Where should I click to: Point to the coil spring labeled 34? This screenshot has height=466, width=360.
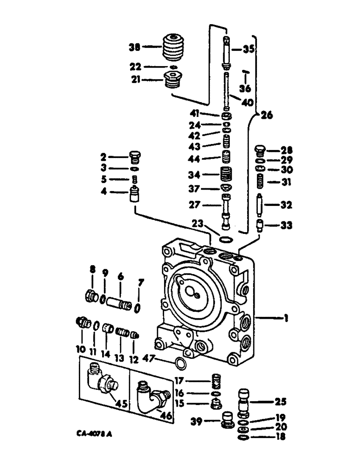pos(226,175)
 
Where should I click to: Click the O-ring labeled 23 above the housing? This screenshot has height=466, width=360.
pos(225,240)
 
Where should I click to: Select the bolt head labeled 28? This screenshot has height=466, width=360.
pos(260,151)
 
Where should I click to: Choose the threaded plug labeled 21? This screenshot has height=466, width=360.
pos(173,81)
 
